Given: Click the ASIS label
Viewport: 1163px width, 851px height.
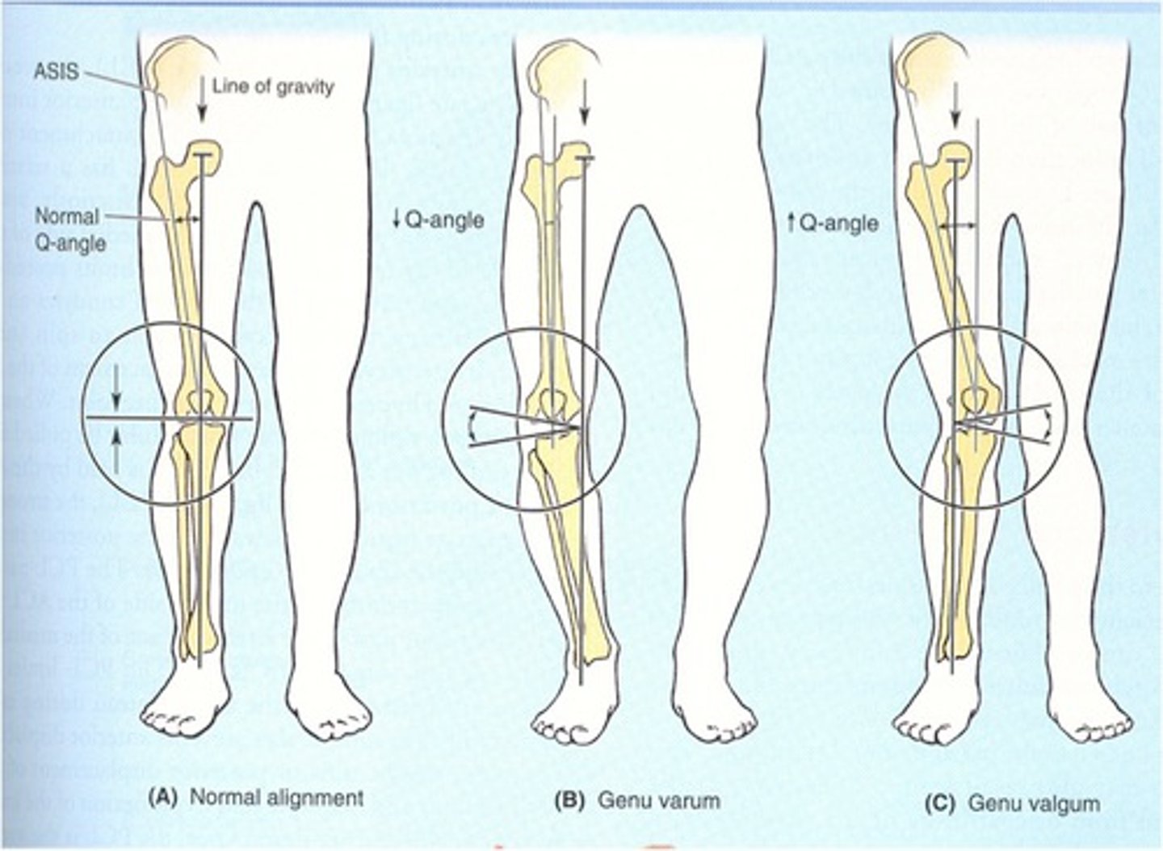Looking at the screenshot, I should click(x=57, y=71).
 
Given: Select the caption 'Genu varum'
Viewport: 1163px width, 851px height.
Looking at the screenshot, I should click(x=659, y=802).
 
